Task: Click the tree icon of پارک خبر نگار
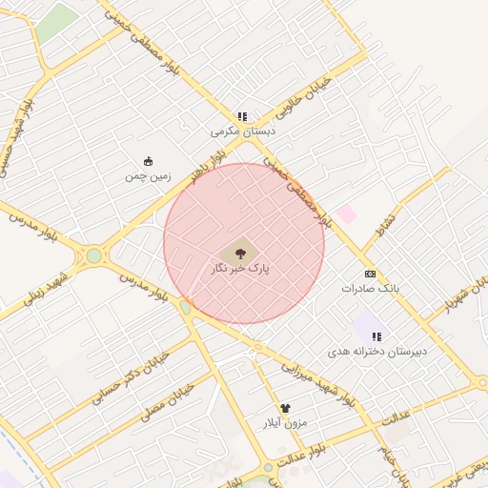240,252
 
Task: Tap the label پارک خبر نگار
240,270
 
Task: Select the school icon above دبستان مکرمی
242,116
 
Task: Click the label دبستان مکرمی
243,132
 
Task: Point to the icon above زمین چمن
148,161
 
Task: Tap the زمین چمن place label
148,176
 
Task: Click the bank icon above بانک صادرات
370,273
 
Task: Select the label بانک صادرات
370,287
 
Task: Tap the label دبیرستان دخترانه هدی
378,352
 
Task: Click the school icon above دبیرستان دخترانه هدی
376,336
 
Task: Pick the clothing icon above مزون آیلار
285,408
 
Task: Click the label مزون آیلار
285,422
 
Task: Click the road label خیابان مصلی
168,403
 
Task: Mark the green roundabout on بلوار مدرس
93,255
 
